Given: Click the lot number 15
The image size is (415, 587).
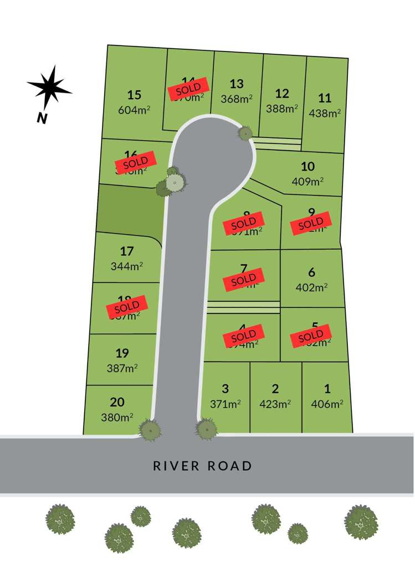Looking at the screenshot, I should point(134,95).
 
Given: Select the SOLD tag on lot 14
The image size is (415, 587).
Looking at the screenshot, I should point(189,88).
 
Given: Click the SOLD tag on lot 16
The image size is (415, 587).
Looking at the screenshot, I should point(132,162).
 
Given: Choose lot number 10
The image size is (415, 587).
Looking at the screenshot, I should point(308,166).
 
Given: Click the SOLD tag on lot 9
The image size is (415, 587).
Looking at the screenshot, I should point(310,223).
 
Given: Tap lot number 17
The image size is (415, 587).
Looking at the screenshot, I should point(127,251).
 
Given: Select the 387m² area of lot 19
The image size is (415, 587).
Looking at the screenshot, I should point(122,367).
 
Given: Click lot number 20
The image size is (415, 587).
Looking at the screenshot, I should point(117,402).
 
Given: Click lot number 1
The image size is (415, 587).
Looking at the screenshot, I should point(326,389).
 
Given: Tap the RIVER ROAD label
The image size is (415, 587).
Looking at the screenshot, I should point(202,466).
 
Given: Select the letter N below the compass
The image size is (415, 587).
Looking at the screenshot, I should point(42,118).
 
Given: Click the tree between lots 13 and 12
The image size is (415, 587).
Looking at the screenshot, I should point(245,132).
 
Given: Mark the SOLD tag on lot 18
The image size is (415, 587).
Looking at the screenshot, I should point(127,306).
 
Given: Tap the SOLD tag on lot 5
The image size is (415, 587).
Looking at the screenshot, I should point(310,335).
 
